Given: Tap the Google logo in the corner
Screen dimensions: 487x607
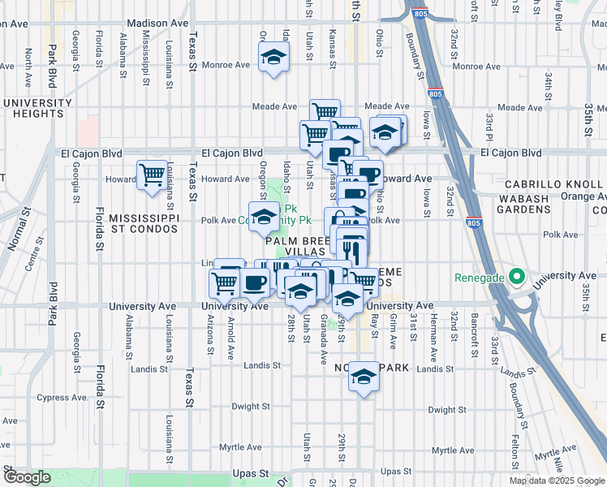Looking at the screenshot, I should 27,477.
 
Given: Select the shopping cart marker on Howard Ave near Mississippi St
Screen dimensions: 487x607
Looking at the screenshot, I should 152,175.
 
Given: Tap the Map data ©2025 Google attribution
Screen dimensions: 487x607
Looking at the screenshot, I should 557,481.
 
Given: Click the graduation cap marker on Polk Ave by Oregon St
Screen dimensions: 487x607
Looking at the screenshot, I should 263,216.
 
